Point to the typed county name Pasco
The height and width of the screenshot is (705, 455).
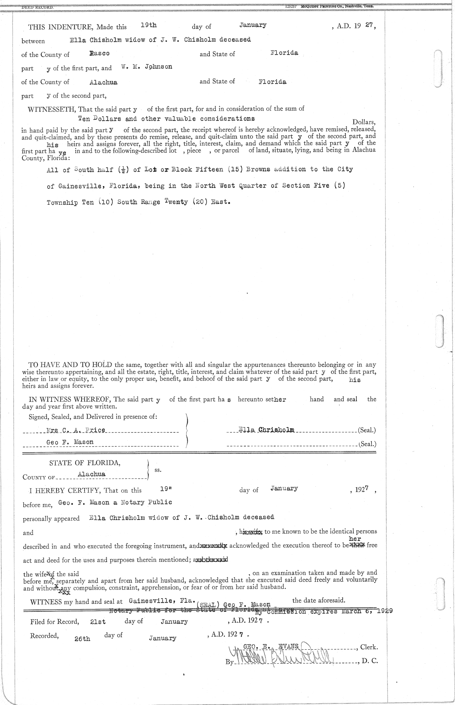(99, 54)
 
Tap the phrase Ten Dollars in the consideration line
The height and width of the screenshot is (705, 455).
(99, 119)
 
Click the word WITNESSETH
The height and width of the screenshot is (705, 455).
(52, 109)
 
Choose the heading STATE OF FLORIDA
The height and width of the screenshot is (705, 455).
(85, 463)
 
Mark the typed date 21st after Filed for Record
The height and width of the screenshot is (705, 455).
(98, 622)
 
